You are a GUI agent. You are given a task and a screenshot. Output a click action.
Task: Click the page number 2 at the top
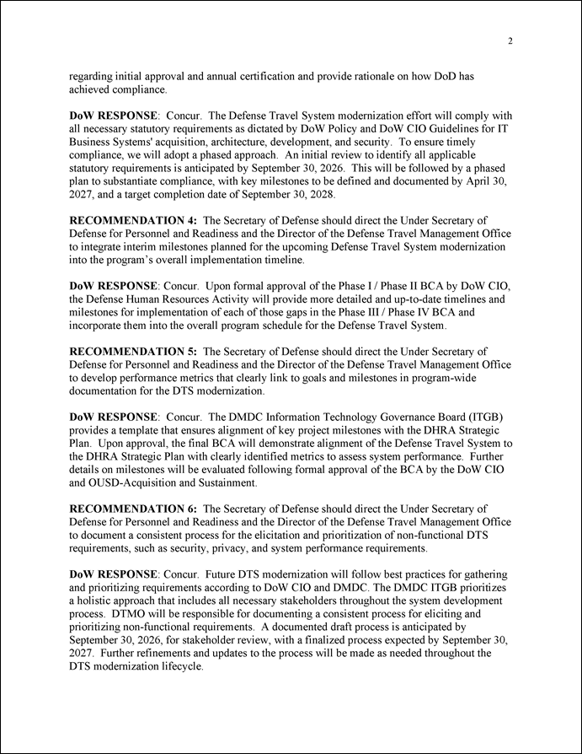(510, 41)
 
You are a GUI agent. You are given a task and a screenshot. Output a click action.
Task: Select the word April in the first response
(483, 181)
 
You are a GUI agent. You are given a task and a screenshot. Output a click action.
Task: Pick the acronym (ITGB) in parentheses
(483, 417)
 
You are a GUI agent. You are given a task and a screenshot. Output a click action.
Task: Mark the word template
(137, 430)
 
